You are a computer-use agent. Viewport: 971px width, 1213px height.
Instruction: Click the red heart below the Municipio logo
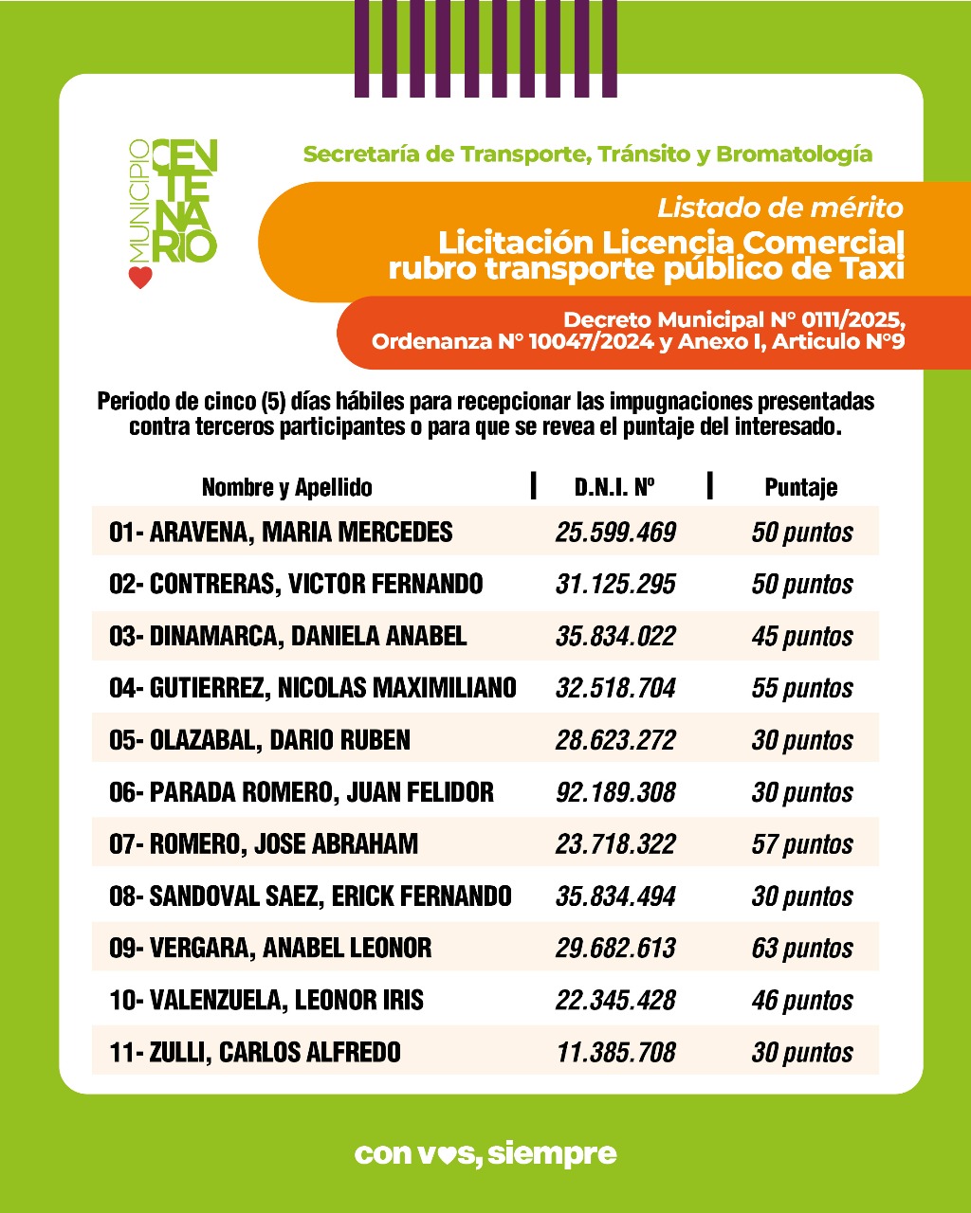coord(140,278)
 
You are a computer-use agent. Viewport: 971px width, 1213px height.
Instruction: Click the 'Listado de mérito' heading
coord(779,207)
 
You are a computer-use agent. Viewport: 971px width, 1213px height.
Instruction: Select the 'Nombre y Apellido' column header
coord(286,487)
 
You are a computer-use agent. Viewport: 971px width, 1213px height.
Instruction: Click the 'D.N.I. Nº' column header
coord(615,487)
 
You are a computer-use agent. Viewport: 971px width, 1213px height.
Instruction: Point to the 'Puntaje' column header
coord(800,487)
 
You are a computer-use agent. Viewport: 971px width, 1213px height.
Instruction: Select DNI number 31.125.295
coord(615,584)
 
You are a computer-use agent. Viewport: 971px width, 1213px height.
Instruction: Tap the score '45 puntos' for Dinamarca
coord(801,636)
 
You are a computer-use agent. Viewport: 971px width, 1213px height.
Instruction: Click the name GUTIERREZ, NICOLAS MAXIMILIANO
coord(313,688)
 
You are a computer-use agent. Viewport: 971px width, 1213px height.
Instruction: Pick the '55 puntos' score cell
coord(801,688)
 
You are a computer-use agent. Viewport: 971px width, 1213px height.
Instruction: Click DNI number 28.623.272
coord(615,740)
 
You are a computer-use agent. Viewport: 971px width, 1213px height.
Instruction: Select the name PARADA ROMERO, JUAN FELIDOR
coord(302,792)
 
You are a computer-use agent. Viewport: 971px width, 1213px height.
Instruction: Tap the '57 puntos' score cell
coord(801,844)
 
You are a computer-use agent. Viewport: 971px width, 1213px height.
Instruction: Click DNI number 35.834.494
coord(615,896)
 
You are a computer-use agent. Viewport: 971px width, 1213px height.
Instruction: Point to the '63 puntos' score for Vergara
coord(801,949)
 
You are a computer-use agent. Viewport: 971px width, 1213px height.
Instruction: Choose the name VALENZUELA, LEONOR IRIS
coord(266,1001)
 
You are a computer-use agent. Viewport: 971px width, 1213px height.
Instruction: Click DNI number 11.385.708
coord(615,1052)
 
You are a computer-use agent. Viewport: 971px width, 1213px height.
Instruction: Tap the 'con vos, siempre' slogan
coord(485,1153)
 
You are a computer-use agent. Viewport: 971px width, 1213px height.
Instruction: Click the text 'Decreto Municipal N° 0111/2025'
coord(733,318)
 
